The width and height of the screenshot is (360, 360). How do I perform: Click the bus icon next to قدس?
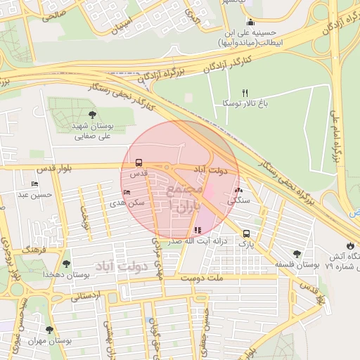click(x=139, y=162)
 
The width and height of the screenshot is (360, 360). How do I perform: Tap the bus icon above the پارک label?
click(x=245, y=233)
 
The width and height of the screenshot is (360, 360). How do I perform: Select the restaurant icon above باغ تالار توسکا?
click(x=245, y=93)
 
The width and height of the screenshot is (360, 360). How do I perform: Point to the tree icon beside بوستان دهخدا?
click(x=66, y=264)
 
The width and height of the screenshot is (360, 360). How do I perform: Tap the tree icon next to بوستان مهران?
click(x=49, y=330)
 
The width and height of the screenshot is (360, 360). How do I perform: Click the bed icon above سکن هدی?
click(x=127, y=193)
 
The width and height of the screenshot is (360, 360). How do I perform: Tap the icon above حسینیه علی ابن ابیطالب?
click(x=250, y=22)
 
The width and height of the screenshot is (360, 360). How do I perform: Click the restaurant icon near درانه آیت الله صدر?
click(x=197, y=230)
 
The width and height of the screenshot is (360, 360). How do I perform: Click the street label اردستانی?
click(x=86, y=296)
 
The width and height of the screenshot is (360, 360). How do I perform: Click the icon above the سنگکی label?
click(x=238, y=191)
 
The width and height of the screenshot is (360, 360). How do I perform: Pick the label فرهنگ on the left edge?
click(x=33, y=250)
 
